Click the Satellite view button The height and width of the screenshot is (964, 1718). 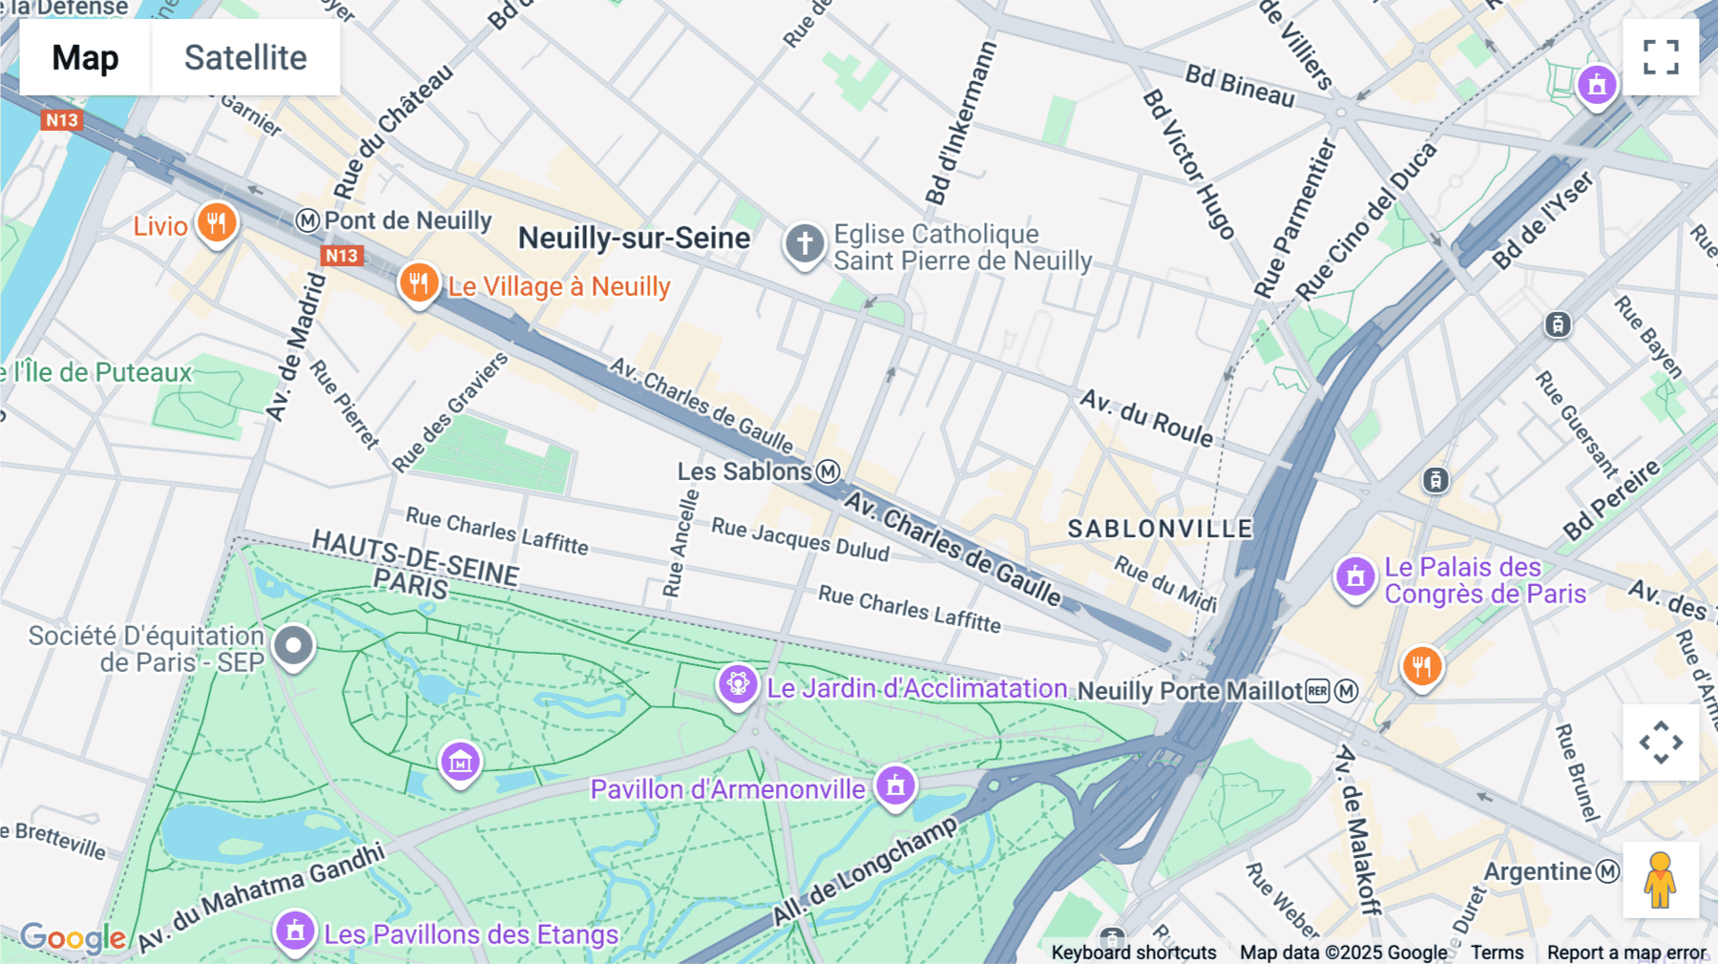245,57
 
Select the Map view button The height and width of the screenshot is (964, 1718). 85,57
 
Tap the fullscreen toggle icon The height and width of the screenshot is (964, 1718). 1661,57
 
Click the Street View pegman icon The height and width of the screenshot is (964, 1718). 1660,880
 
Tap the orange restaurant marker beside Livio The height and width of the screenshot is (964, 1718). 217,223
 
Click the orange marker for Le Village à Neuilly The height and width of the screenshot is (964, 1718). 419,283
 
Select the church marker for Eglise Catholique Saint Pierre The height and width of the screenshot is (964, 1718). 805,243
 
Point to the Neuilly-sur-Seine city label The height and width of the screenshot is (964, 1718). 634,238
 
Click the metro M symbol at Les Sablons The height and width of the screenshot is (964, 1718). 828,471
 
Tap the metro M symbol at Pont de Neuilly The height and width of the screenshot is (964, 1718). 307,220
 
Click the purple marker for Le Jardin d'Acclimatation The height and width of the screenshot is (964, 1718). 738,684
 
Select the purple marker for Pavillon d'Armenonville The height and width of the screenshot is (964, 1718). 895,786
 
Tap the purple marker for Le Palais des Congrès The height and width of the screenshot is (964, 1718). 1355,576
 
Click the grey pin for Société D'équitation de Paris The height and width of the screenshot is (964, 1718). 293,646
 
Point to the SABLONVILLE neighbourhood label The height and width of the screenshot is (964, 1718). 1159,529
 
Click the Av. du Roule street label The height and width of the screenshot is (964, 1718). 1146,417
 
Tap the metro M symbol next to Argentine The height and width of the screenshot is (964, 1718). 1608,870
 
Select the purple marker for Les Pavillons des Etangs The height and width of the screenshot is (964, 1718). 295,930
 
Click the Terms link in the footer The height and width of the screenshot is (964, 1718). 1497,952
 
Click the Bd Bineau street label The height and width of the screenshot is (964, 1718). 1240,86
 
